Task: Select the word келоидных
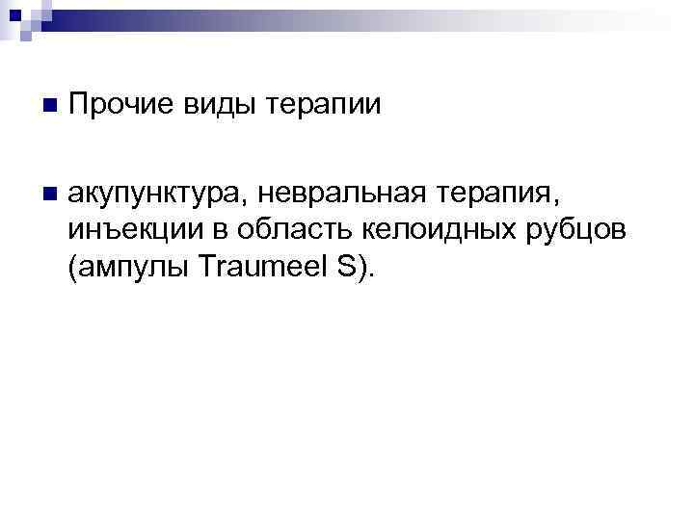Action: point(447,231)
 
